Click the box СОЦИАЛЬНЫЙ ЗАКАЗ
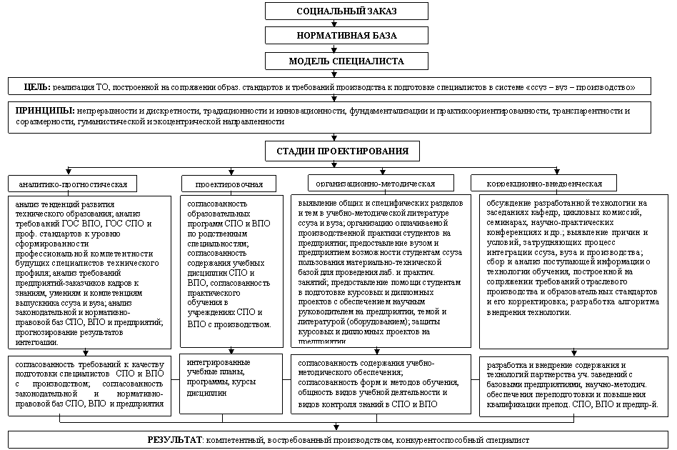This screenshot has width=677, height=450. [346, 11]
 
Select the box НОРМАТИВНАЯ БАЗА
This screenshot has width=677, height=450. [346, 35]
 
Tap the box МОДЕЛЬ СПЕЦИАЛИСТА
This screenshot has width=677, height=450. [346, 61]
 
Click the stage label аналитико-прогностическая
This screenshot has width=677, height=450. [74, 184]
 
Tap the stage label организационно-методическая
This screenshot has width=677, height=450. [375, 184]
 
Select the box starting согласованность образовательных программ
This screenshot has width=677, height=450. [229, 264]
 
